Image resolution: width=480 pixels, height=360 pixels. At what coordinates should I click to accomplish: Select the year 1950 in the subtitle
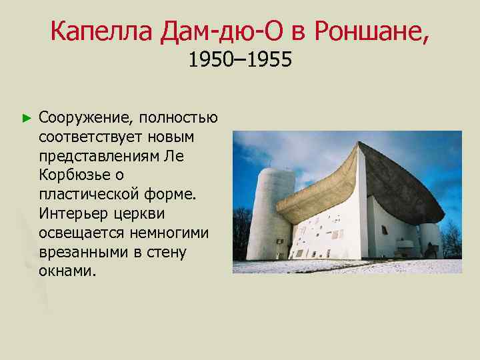pyautogui.click(x=209, y=61)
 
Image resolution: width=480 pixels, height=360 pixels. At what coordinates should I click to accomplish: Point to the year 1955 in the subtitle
pyautogui.click(x=270, y=61)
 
